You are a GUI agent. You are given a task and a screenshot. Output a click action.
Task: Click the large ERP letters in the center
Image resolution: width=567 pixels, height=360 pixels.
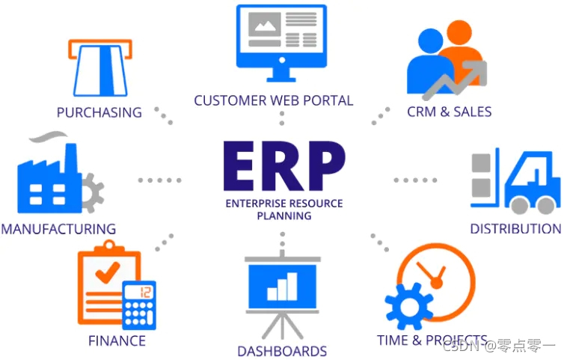tap(283, 165)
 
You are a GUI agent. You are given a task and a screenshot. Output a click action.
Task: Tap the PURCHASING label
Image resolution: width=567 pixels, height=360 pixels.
tap(99, 112)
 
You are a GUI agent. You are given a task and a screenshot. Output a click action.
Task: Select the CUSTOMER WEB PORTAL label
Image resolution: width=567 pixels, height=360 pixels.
tap(273, 100)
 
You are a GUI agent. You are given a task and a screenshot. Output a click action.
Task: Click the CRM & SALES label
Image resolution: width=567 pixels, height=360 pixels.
tap(449, 112)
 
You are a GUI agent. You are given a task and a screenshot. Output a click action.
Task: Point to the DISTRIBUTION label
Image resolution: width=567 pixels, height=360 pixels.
tap(515, 228)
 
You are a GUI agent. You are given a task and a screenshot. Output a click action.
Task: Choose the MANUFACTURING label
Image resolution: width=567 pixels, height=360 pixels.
tap(58, 229)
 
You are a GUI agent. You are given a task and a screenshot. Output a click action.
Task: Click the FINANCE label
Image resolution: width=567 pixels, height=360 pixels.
tap(117, 341)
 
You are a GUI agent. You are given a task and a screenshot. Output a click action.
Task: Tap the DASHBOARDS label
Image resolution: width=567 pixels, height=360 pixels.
tap(282, 350)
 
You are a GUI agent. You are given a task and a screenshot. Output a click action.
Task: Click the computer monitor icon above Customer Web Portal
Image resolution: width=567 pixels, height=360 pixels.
tap(281, 40)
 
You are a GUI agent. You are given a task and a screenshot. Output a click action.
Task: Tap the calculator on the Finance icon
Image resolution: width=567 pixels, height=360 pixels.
tap(139, 304)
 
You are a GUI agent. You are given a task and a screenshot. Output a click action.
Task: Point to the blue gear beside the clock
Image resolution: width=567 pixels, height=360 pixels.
tap(408, 307)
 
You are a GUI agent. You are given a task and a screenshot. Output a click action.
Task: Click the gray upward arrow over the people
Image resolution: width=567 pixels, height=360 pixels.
tap(456, 79)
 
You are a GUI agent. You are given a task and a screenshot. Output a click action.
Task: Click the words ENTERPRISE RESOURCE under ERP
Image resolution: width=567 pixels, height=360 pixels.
tap(283, 204)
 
